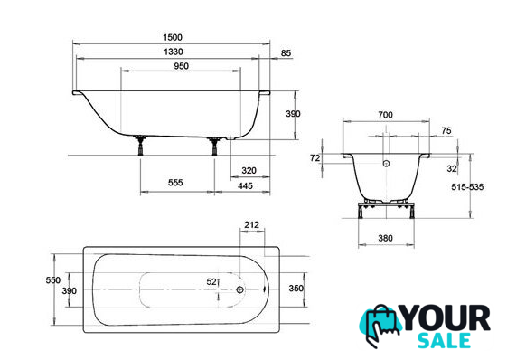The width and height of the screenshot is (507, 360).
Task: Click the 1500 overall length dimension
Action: coord(173,37)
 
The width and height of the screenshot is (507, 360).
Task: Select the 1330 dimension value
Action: coord(174,52)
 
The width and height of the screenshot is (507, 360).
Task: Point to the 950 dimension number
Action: coord(181,66)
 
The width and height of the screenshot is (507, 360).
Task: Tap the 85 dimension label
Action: coord(286,52)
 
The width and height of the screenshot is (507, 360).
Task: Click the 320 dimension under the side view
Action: coord(249,170)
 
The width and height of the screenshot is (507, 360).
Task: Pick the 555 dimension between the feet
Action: coord(175,183)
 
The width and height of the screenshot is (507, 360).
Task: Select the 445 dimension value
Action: coord(245,185)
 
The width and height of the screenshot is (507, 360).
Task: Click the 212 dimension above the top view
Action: coord(251,224)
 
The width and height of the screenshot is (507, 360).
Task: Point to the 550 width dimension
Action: coord(52,280)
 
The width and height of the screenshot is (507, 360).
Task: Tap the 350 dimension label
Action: coord(296,288)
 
